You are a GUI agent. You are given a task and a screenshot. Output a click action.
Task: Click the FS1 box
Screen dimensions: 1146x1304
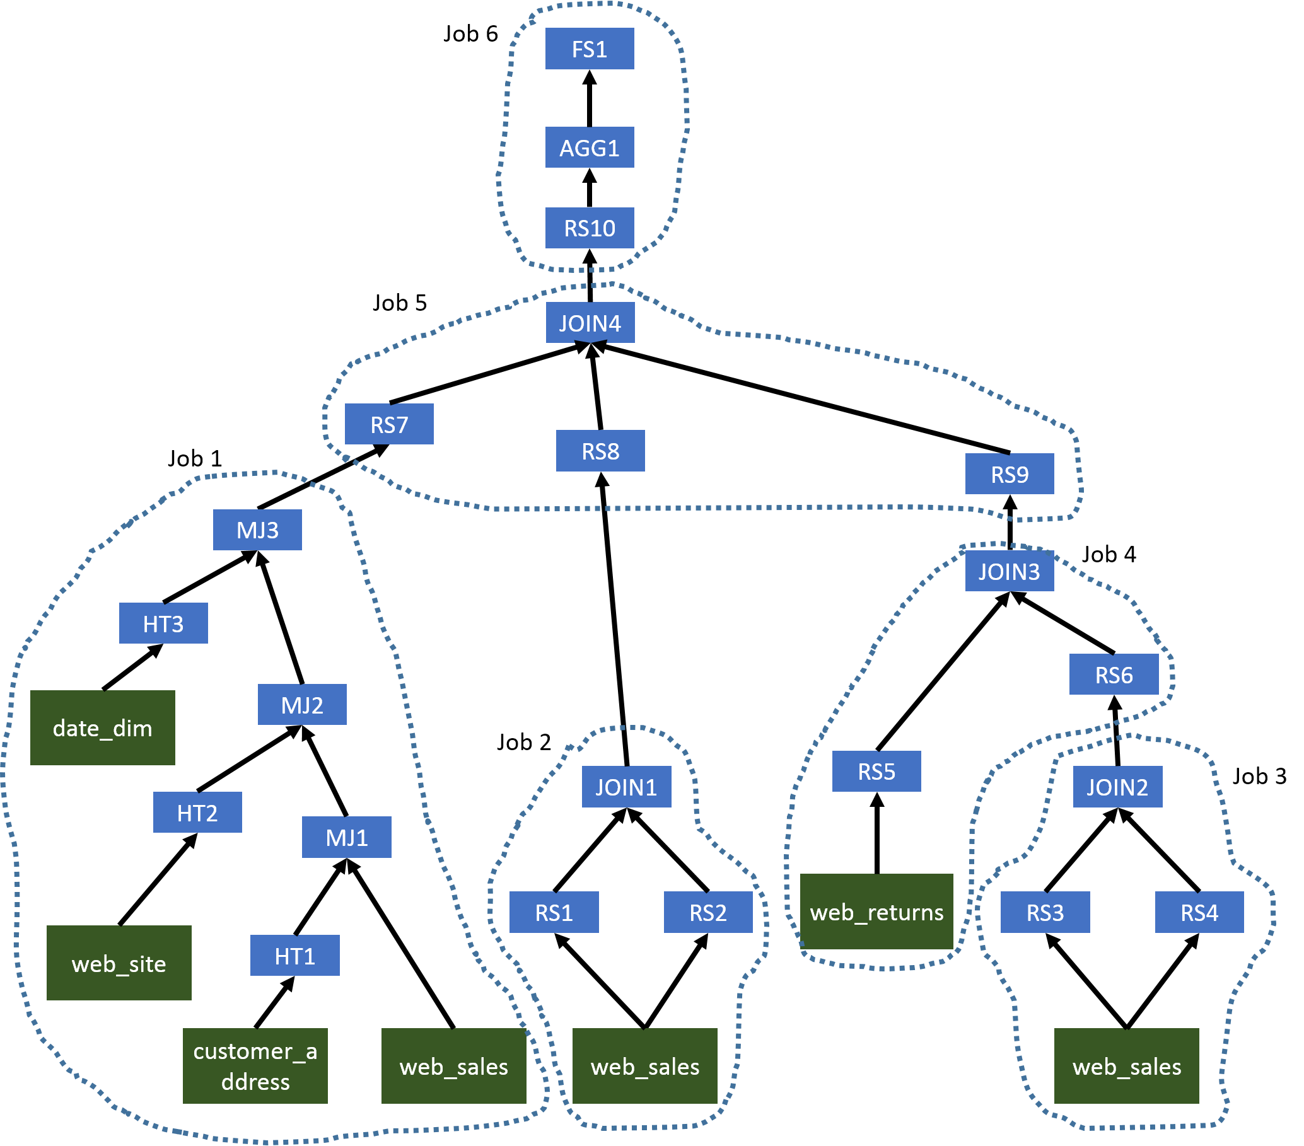(590, 49)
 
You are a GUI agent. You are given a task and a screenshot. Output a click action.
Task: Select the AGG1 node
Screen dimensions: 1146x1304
(590, 148)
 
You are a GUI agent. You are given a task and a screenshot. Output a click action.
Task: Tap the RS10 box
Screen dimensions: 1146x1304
(590, 228)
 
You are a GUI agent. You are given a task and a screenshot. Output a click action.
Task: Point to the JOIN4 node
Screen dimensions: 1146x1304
(590, 323)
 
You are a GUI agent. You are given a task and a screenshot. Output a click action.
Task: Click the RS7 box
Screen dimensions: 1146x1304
(389, 424)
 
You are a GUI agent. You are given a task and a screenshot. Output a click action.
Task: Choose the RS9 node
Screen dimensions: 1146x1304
(1010, 474)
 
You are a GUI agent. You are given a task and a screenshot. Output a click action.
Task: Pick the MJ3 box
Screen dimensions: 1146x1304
(257, 530)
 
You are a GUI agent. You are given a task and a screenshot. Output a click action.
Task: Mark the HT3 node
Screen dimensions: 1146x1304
(163, 623)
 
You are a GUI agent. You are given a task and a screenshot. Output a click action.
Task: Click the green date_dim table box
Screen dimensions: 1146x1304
(103, 727)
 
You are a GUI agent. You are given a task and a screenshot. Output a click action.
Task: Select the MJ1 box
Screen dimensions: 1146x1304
(346, 836)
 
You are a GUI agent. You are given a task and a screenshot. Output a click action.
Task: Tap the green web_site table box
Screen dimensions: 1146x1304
(119, 963)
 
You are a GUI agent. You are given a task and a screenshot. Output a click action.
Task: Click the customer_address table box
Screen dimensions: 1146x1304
(255, 1066)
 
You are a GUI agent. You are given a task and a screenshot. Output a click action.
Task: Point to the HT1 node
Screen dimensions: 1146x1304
(294, 956)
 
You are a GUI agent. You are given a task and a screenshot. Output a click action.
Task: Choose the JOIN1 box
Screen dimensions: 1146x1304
(627, 787)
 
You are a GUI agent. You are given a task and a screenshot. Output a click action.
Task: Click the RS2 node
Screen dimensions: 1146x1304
(708, 912)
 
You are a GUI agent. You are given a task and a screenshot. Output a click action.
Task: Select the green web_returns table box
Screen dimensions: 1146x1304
(876, 912)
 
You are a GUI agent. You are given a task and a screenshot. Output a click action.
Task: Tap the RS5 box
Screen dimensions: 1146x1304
(876, 771)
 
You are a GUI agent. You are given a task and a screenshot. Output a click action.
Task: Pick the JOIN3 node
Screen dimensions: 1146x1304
(1010, 571)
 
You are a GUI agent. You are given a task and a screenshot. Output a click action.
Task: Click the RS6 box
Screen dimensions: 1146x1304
(1114, 674)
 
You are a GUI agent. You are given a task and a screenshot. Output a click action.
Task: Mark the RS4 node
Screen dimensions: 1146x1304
(1199, 912)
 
